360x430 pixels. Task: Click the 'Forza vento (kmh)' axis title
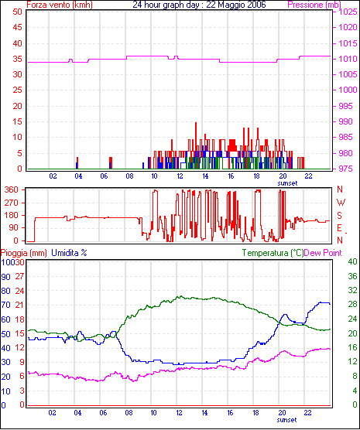click(60, 5)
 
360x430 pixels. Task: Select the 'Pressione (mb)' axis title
click(314, 5)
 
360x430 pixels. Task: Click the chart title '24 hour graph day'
click(166, 5)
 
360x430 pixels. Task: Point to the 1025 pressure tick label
click(348, 12)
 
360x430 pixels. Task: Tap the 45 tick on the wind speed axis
click(17, 27)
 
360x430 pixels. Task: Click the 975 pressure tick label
click(346, 169)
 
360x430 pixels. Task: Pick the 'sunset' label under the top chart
click(287, 183)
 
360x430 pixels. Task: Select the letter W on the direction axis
click(341, 203)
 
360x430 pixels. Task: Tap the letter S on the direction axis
click(339, 216)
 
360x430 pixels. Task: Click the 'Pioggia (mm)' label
click(24, 253)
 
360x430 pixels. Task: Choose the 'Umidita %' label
click(69, 253)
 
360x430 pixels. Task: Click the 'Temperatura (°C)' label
click(273, 253)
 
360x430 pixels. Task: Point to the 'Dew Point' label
click(323, 253)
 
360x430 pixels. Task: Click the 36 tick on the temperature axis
click(352, 276)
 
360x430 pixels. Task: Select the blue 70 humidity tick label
click(5, 305)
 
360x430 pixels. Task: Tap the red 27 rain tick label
click(19, 276)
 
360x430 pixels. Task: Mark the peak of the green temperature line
click(180, 296)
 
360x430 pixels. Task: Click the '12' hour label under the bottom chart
click(180, 412)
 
